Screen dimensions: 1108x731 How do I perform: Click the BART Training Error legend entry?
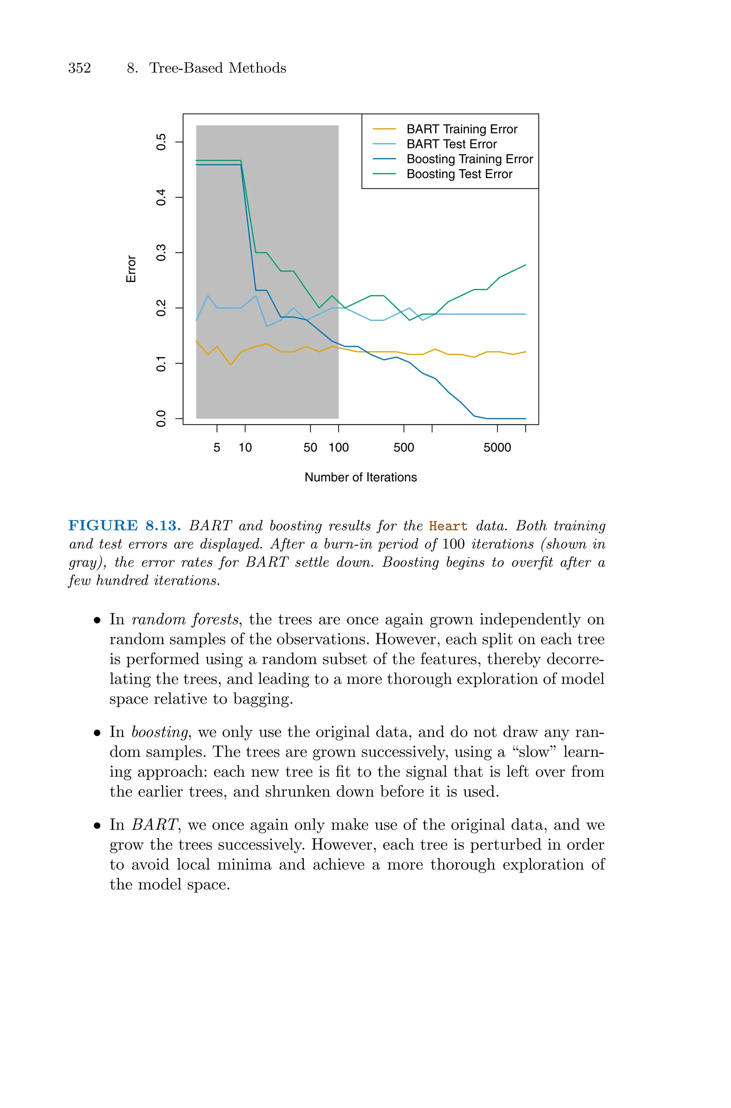pos(462,129)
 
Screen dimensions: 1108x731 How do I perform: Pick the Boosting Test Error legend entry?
pos(459,174)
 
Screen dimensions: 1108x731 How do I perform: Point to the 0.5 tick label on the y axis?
pos(161,142)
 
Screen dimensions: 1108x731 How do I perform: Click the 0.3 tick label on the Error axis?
pos(161,253)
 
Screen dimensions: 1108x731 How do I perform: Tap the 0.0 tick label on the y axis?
pos(161,419)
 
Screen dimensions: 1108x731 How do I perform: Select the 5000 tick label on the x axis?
pos(497,448)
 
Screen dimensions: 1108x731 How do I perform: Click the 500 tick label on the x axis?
pos(404,448)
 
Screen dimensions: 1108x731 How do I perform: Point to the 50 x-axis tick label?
pos(310,448)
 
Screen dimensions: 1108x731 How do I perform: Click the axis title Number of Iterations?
pos(361,477)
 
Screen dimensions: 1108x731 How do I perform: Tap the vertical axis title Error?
pos(131,269)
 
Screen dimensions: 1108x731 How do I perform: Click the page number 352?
pos(80,68)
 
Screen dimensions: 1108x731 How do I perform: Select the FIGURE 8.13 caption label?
pos(125,526)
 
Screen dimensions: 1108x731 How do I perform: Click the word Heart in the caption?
pos(448,526)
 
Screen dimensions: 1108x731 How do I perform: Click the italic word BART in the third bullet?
pos(154,825)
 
